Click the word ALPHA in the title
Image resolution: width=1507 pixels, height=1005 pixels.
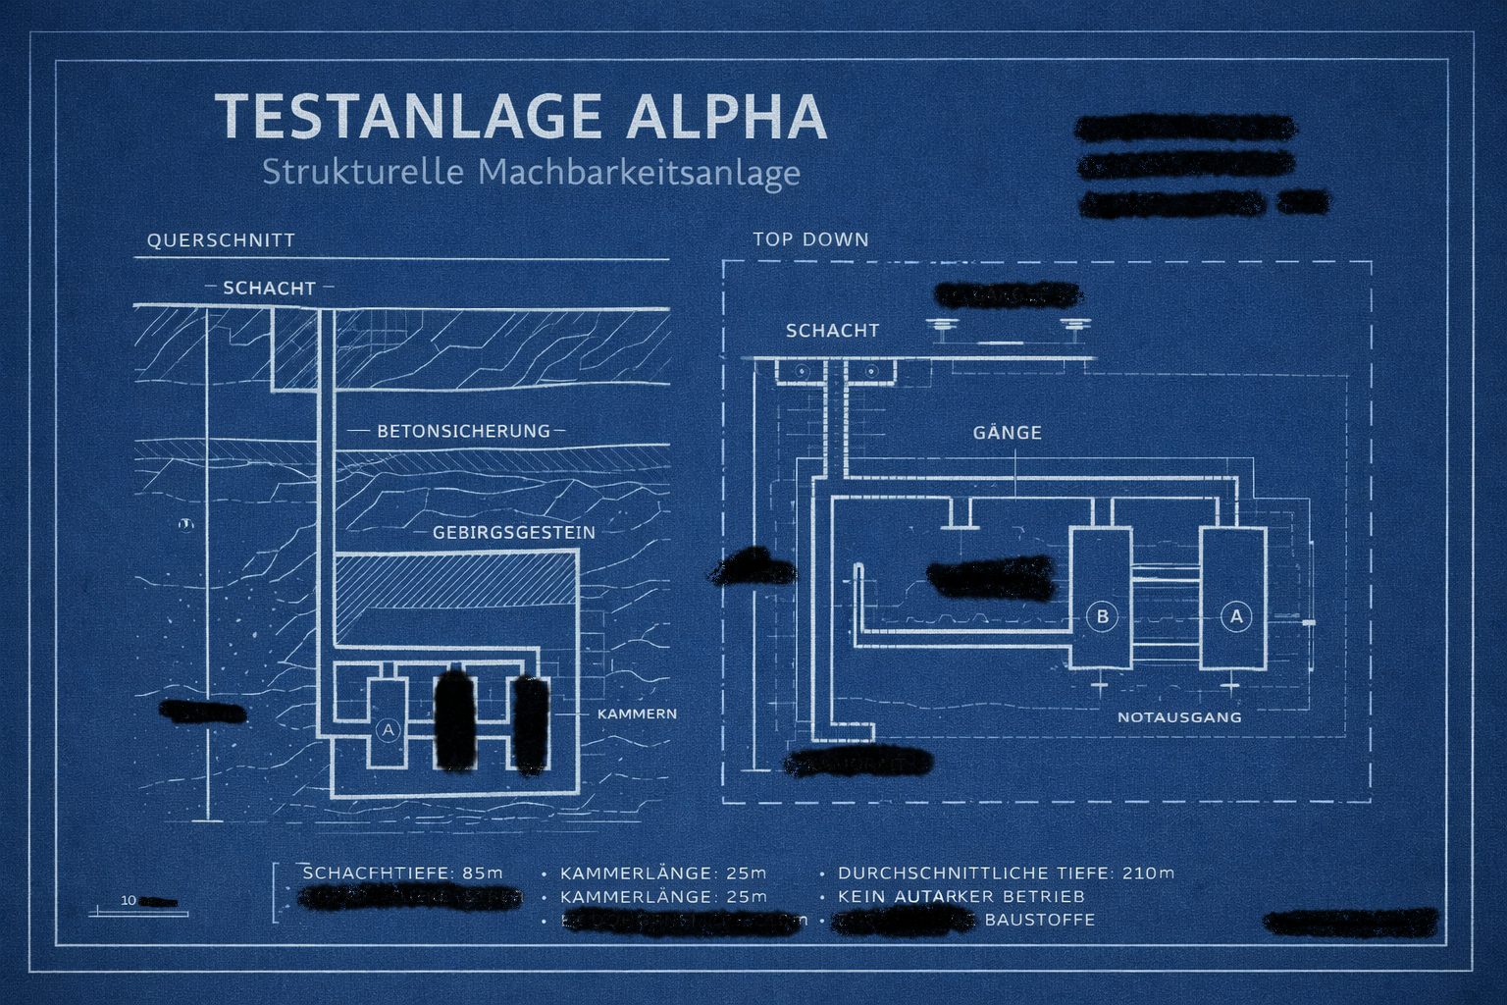[727, 117]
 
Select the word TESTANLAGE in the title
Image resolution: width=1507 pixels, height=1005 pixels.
[408, 117]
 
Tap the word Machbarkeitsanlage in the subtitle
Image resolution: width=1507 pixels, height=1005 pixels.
[639, 173]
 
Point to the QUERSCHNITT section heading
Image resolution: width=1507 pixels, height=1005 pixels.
[221, 240]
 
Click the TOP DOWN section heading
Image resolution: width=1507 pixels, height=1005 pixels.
[810, 239]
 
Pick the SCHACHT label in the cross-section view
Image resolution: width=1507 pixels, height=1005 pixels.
[269, 289]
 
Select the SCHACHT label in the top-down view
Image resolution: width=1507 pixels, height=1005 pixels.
[832, 331]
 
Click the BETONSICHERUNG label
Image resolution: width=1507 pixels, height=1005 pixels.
[463, 431]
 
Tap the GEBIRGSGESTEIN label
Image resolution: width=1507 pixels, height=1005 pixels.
[514, 533]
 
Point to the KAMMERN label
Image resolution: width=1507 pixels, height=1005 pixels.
[637, 714]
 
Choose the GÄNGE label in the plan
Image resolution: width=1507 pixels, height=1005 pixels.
[1007, 433]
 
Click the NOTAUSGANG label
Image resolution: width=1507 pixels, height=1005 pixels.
[1179, 717]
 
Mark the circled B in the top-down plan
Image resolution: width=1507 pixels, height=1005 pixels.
[1102, 616]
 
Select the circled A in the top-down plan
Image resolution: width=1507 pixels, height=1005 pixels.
[1236, 616]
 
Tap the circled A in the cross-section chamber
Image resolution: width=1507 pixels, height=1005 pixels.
[389, 730]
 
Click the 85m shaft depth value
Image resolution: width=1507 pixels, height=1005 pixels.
[483, 873]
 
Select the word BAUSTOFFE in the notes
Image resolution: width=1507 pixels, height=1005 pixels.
[1039, 920]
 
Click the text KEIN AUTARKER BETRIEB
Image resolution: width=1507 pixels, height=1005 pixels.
[961, 896]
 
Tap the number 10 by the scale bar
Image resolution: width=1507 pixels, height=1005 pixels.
[129, 900]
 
